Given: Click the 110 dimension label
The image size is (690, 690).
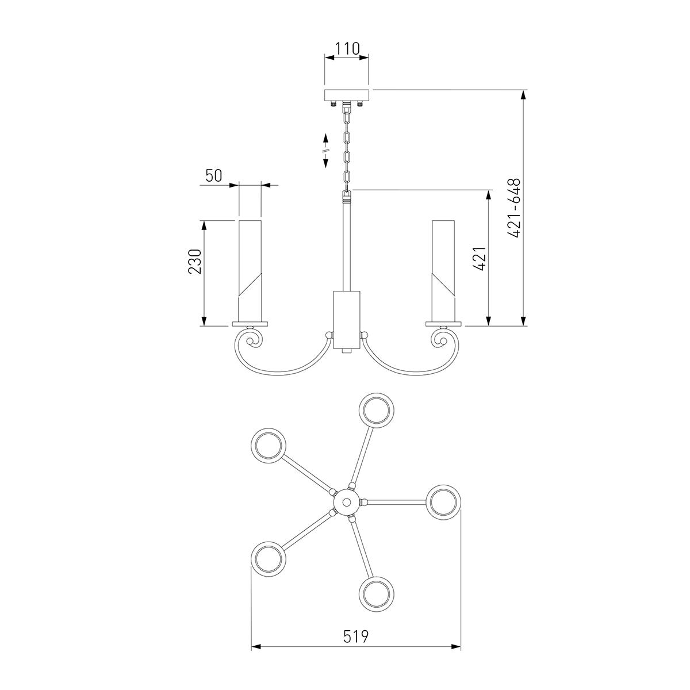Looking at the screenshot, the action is point(347,49).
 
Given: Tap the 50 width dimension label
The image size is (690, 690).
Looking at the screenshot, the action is point(214,175).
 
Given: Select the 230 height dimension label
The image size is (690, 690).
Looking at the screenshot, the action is point(195,262).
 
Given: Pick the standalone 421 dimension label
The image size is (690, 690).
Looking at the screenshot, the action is point(480,259).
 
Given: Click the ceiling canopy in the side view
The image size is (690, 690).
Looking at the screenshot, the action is point(346,95).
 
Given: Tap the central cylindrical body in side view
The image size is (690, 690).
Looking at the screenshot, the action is point(346,320).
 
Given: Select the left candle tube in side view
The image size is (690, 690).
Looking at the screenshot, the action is point(250,271).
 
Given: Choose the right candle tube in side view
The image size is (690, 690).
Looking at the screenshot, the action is point(443,271).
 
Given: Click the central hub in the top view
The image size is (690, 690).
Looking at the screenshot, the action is point(346,501).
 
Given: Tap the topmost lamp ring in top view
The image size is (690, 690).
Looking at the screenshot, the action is point(376,411).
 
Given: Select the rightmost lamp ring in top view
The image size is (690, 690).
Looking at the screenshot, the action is point(443,502).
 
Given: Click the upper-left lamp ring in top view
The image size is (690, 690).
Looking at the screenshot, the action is point(269,446).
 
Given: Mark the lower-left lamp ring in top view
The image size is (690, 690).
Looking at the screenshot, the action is point(269,559).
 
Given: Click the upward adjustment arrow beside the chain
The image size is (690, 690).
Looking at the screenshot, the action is point(326,139).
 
